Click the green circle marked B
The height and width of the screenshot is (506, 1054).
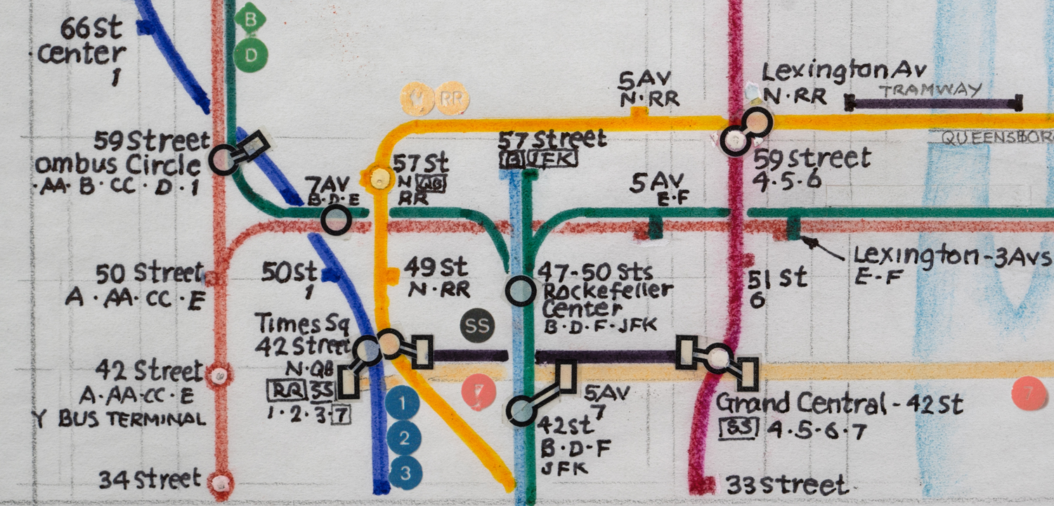pos(251,19)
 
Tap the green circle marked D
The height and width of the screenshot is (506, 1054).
pos(251,55)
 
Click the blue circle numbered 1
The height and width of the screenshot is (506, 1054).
pos(403,403)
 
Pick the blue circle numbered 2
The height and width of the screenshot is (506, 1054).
pos(403,438)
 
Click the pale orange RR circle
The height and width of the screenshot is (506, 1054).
pos(451,99)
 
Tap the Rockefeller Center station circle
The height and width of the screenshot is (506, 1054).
pos(521,290)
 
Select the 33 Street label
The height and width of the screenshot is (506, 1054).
pos(786,485)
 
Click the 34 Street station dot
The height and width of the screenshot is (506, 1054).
pos(221,482)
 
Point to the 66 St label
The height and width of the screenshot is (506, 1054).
pos(91,30)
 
